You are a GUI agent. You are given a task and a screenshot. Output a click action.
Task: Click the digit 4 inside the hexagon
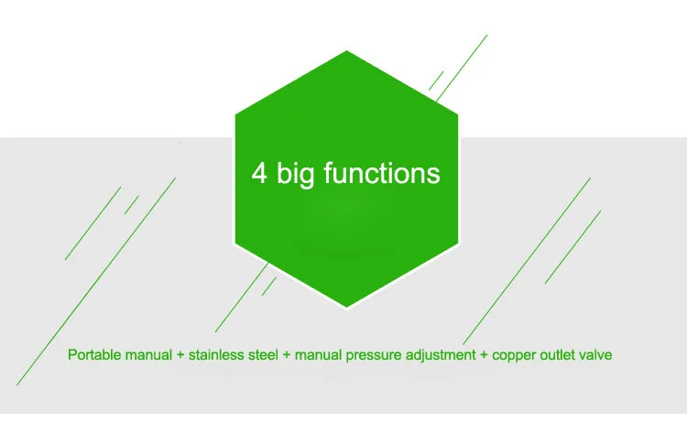click(x=259, y=173)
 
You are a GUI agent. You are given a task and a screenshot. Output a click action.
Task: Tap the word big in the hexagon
click(x=295, y=174)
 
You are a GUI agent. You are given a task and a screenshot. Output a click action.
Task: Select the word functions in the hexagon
click(x=382, y=172)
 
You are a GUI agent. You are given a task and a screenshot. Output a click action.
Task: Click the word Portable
click(x=94, y=354)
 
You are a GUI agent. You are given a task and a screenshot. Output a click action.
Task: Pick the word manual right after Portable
click(x=148, y=354)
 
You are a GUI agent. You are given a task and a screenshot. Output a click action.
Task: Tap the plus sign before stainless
click(x=180, y=354)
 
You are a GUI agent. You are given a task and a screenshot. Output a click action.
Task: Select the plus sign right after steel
click(x=287, y=354)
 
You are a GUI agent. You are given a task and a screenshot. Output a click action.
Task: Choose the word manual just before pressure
click(x=318, y=354)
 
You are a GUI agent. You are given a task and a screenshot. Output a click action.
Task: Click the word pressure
click(x=374, y=355)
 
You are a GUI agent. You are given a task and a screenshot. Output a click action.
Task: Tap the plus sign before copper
click(x=484, y=354)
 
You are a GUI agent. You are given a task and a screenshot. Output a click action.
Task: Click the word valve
click(x=595, y=354)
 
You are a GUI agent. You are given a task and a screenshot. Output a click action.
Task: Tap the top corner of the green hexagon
click(x=346, y=50)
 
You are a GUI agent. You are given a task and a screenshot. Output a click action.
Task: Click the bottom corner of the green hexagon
click(x=346, y=308)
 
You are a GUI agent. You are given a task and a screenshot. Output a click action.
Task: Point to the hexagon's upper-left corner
click(x=235, y=114)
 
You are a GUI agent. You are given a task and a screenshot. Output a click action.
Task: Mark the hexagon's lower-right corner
click(x=458, y=243)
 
